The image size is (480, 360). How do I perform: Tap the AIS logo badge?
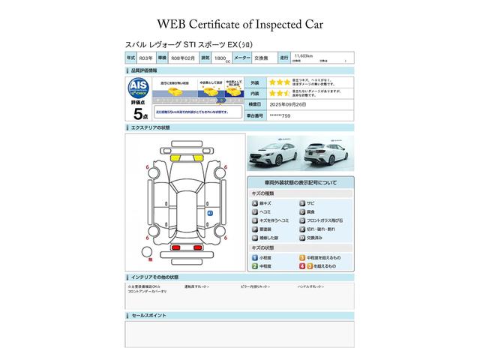click(138, 87)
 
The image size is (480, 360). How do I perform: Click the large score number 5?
click(138, 114)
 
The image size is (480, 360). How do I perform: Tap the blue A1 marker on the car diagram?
click(210, 214)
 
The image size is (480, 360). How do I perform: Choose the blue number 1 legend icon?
click(255, 257)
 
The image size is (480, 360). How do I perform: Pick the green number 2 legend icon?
click(255, 266)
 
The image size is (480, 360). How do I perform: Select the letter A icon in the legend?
click(255, 203)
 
